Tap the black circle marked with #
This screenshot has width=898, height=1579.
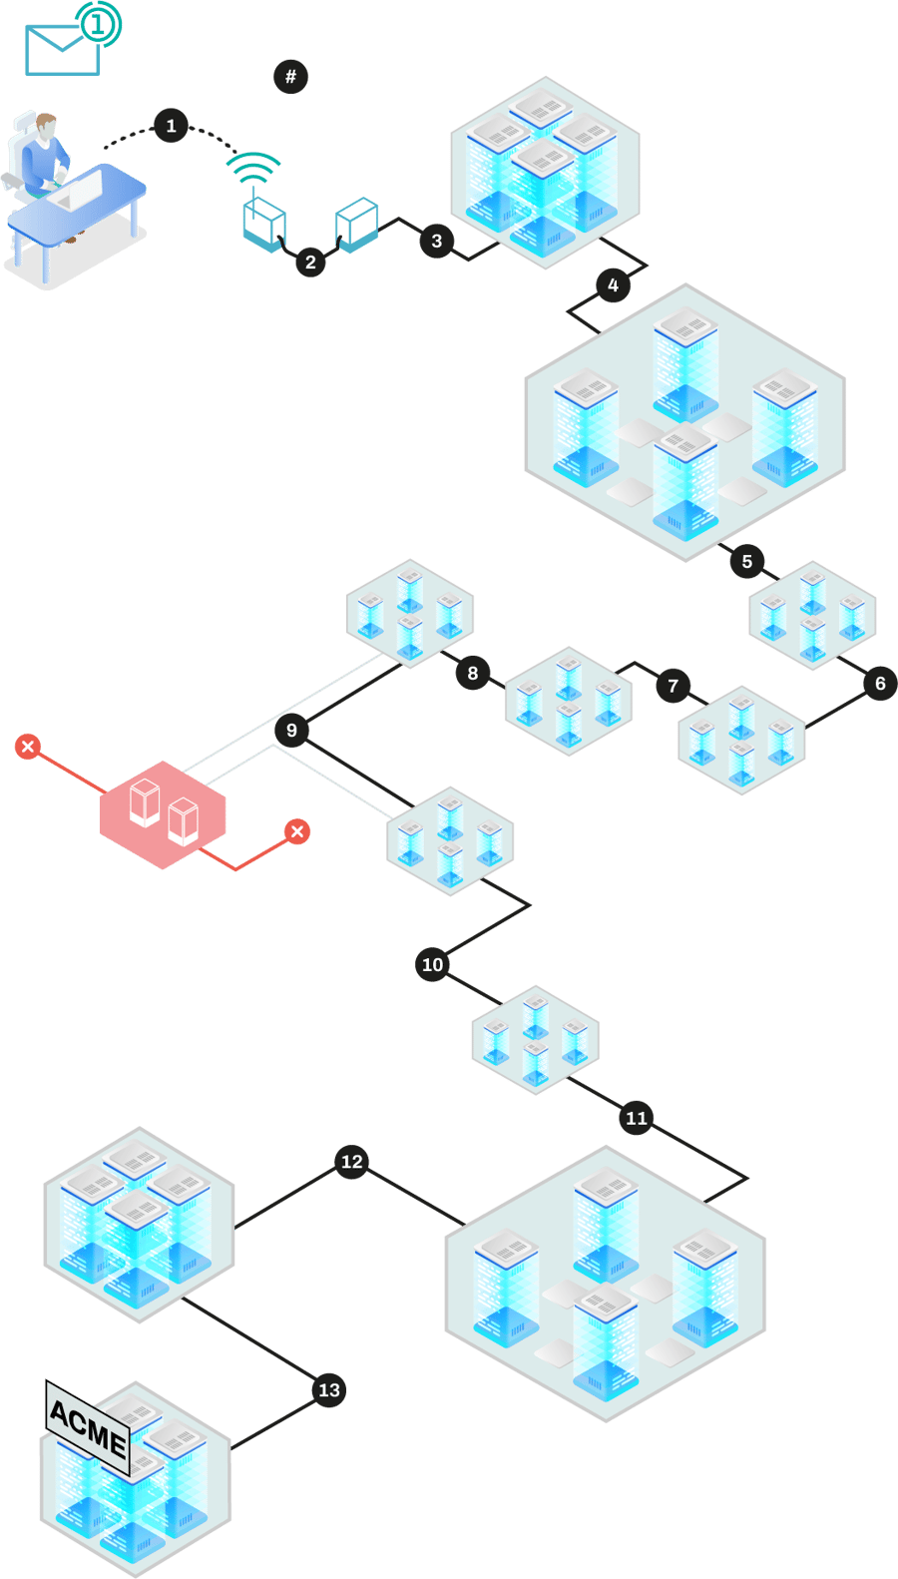[290, 77]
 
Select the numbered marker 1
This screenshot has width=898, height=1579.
[171, 126]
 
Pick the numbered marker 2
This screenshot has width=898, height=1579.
[310, 262]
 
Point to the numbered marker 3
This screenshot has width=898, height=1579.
[436, 241]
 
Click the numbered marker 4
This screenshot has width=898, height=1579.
[613, 285]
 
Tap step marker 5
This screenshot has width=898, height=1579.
[746, 561]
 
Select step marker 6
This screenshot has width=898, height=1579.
[879, 684]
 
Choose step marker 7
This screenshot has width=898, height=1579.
[673, 686]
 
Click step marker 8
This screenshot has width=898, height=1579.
[472, 674]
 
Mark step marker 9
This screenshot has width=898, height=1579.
[291, 731]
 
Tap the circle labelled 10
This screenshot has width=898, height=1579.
[432, 965]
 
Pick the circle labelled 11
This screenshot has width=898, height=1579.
[636, 1118]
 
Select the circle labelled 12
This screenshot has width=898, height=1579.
[351, 1162]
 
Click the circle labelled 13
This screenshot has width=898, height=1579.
[328, 1390]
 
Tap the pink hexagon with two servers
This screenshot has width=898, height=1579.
[164, 814]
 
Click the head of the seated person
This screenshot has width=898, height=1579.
[45, 127]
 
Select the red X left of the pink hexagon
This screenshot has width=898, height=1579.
[28, 747]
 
